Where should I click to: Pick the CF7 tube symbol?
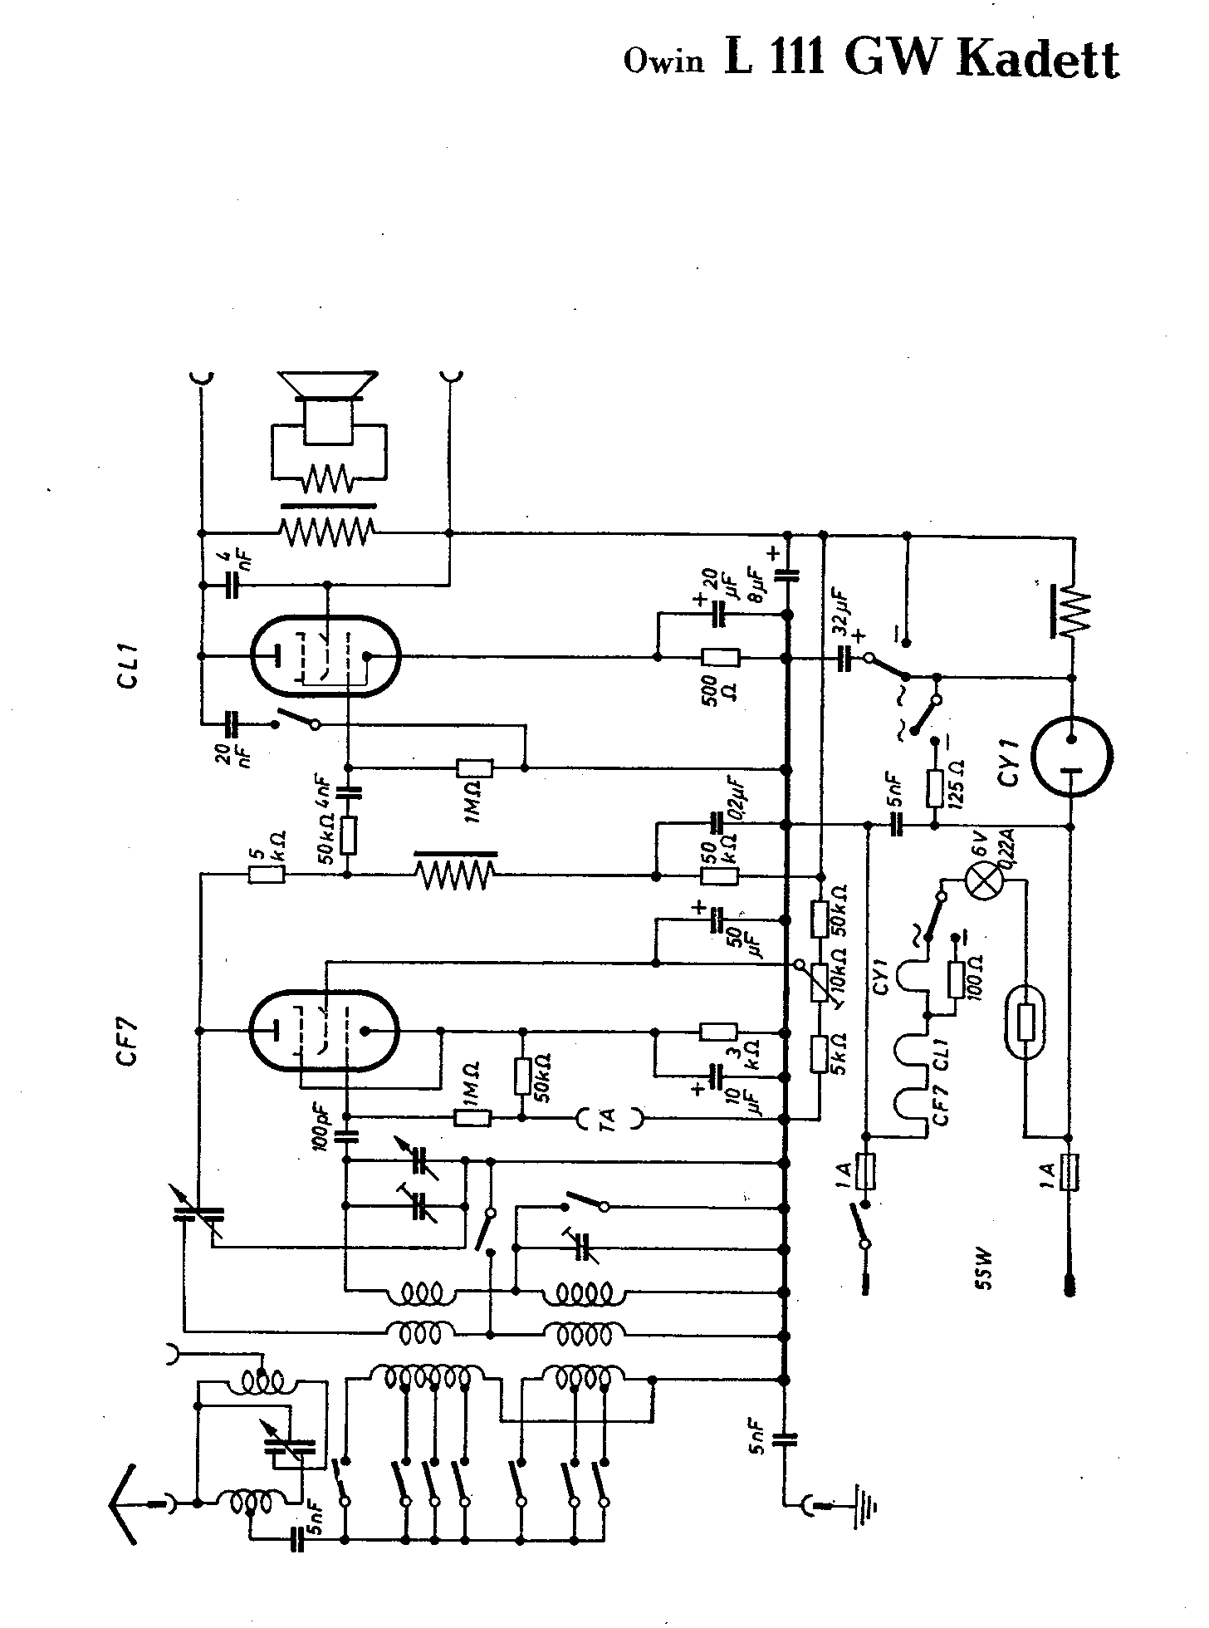point(325,1032)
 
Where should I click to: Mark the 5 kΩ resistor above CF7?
point(267,874)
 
